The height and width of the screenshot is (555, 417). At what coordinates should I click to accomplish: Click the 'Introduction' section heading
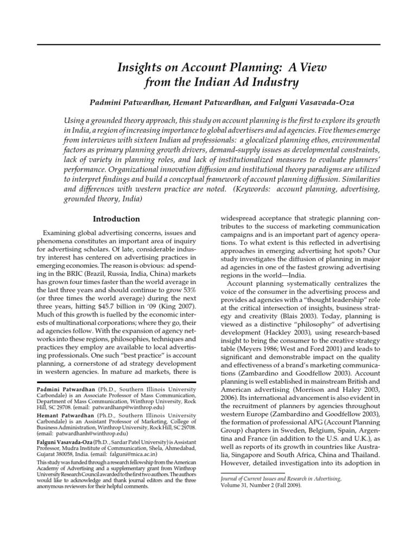coord(116,219)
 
